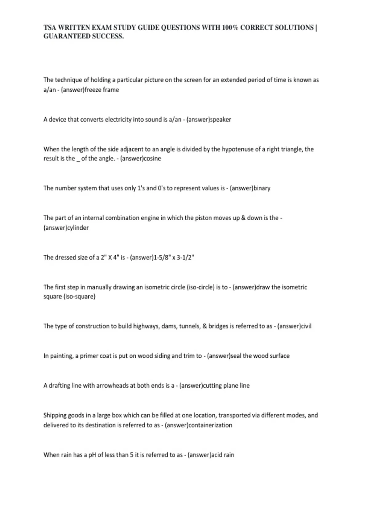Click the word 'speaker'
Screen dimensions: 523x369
(220, 119)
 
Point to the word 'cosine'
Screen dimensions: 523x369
(152, 159)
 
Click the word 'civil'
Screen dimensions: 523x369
(306, 326)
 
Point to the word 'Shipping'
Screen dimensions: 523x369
(55, 415)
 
